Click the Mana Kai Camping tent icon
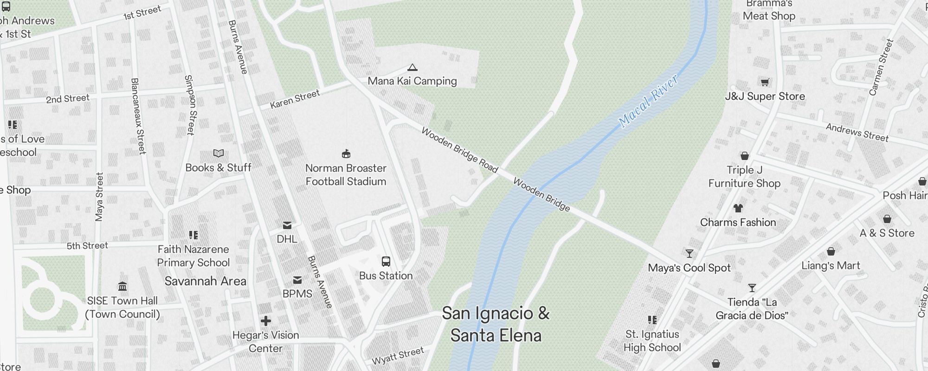click(x=412, y=68)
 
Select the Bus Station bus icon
click(x=386, y=262)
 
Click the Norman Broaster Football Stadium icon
click(x=346, y=154)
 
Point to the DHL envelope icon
click(x=287, y=225)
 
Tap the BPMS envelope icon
click(x=297, y=280)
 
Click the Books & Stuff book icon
click(x=218, y=154)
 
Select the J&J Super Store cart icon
click(x=765, y=83)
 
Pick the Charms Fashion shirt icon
click(x=738, y=208)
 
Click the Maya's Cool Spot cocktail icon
click(x=690, y=254)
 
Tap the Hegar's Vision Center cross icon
click(x=266, y=321)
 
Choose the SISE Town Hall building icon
click(x=122, y=287)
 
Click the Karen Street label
click(x=295, y=99)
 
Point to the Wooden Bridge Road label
click(x=459, y=150)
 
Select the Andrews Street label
click(x=857, y=133)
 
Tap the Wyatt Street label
click(x=398, y=355)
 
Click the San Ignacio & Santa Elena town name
click(x=496, y=324)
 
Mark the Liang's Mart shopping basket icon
click(x=831, y=252)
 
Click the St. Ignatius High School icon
click(x=652, y=320)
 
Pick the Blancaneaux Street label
click(x=138, y=116)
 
